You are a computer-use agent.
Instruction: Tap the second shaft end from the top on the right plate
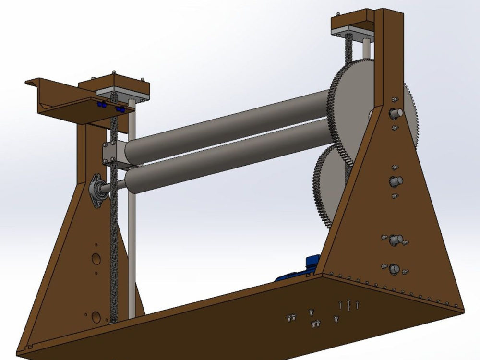click(x=396, y=181)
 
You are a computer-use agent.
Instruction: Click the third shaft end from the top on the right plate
click(x=395, y=239)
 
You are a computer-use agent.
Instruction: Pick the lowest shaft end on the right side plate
click(x=394, y=268)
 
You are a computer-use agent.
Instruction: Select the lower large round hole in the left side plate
click(x=96, y=316)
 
